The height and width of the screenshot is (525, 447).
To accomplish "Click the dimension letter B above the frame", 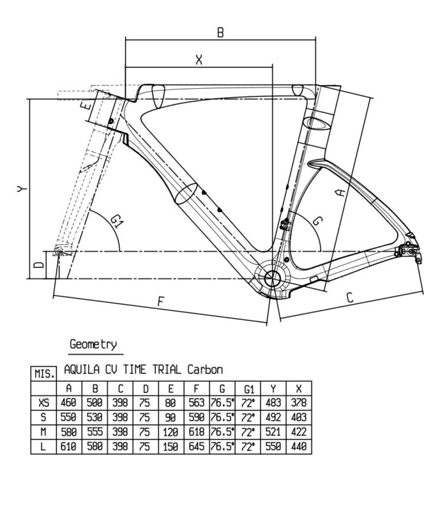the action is (x=220, y=33).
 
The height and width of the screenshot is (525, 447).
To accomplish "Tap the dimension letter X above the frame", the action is (x=199, y=60).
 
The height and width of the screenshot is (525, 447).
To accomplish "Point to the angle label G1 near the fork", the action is (x=117, y=222).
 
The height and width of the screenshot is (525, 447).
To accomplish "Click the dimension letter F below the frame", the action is (x=161, y=301).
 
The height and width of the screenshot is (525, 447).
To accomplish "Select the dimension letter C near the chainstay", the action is (x=350, y=297).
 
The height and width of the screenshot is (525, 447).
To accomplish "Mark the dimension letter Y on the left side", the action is (x=22, y=189).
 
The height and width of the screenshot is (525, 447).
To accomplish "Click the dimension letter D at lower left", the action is (x=39, y=265).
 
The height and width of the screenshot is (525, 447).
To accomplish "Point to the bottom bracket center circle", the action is (x=272, y=278).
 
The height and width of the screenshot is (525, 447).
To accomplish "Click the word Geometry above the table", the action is (x=93, y=344).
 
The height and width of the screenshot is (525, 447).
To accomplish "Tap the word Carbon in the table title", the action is (x=205, y=370).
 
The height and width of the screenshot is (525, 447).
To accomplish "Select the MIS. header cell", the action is (x=43, y=374).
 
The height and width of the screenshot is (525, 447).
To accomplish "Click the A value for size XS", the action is (x=68, y=402).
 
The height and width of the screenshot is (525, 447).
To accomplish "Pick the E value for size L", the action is (x=170, y=446).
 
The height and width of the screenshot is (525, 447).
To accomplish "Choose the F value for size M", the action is (x=196, y=432).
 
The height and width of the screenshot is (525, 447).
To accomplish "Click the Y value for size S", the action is (x=273, y=417).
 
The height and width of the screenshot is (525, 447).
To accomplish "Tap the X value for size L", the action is (x=299, y=446).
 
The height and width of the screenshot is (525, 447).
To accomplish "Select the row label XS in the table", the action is (x=43, y=402).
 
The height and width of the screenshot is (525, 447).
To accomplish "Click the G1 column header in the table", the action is (x=248, y=389).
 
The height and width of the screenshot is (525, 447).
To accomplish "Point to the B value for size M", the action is (x=95, y=432).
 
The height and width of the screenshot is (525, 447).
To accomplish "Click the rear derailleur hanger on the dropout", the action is (x=418, y=257).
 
